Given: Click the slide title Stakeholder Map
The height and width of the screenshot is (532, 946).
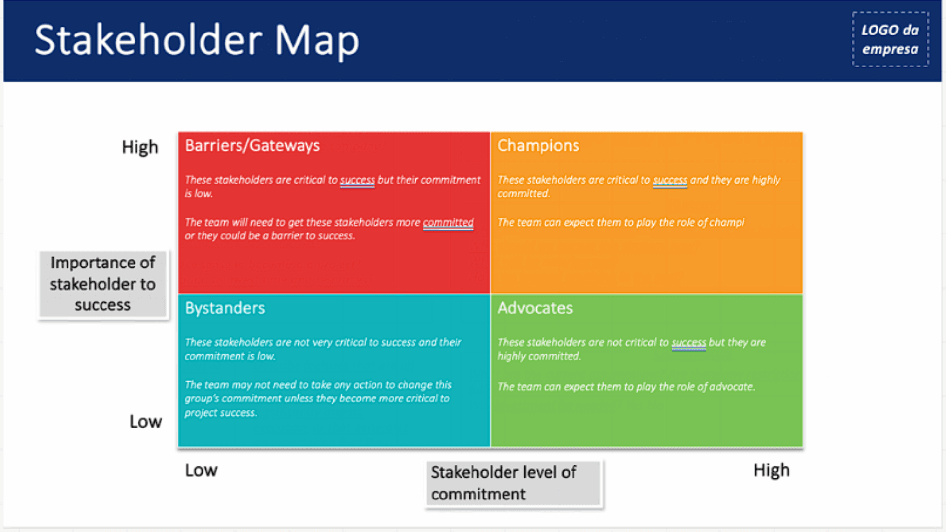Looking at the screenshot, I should (197, 40).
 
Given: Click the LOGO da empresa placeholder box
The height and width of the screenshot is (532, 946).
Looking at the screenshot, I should (890, 39).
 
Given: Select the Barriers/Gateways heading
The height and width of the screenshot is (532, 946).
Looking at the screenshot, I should (252, 146).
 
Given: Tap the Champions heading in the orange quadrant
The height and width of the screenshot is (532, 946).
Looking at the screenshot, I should (538, 146).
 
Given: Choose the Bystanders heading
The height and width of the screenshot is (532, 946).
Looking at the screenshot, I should (225, 308).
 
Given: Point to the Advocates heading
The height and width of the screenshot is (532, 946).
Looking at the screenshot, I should (535, 308).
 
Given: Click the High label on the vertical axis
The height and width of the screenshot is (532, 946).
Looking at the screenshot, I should (140, 147).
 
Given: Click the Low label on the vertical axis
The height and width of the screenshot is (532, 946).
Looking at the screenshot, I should (145, 422).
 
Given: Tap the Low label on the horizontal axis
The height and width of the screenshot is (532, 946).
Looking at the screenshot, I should (201, 470).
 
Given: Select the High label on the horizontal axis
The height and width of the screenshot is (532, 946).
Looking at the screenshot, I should (772, 470).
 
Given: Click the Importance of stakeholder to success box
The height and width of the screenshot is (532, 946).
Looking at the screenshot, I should (103, 284).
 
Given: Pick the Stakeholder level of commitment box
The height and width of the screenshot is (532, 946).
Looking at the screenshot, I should (513, 483).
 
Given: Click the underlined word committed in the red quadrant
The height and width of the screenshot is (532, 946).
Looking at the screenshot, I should (448, 223).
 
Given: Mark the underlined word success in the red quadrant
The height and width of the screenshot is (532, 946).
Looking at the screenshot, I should (357, 180).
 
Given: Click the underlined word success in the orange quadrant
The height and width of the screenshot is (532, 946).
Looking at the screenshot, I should (670, 180).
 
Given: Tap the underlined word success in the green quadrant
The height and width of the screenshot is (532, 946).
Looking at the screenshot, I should (688, 343).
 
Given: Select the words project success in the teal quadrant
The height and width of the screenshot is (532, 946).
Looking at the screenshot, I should (220, 413).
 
